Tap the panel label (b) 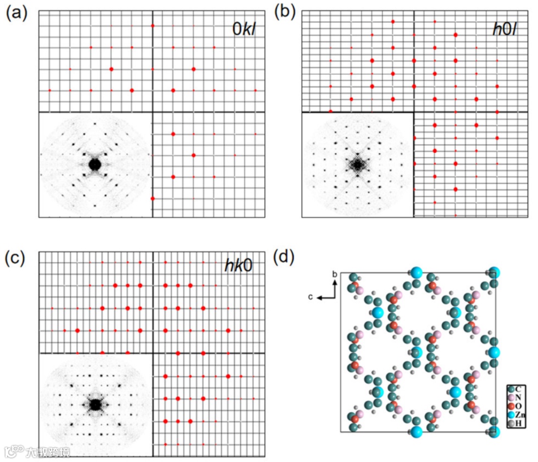284,12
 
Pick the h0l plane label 503,29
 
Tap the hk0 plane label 239,265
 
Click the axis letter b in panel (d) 334,274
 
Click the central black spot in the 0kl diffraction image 95,164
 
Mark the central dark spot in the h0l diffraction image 358,164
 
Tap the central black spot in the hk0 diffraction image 95,404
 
